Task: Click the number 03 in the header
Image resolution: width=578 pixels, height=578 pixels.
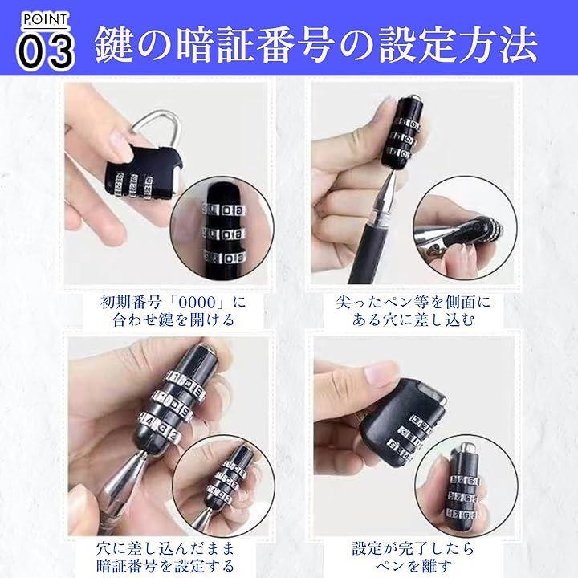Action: (46, 51)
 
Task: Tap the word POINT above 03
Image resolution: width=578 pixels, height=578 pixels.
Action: (46, 19)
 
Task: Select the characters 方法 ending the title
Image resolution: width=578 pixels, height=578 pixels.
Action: (499, 44)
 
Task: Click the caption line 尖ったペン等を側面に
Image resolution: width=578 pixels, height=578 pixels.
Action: (413, 303)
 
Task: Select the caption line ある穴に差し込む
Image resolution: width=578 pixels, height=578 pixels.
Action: (413, 320)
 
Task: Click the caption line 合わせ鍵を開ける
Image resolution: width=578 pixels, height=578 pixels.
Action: (173, 320)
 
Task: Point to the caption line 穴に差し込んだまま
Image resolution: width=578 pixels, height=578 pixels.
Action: (165, 548)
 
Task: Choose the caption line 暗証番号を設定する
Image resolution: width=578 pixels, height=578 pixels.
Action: (165, 565)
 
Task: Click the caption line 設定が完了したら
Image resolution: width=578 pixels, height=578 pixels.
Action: (413, 548)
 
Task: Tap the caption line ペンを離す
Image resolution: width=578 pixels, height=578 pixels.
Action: (413, 565)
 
